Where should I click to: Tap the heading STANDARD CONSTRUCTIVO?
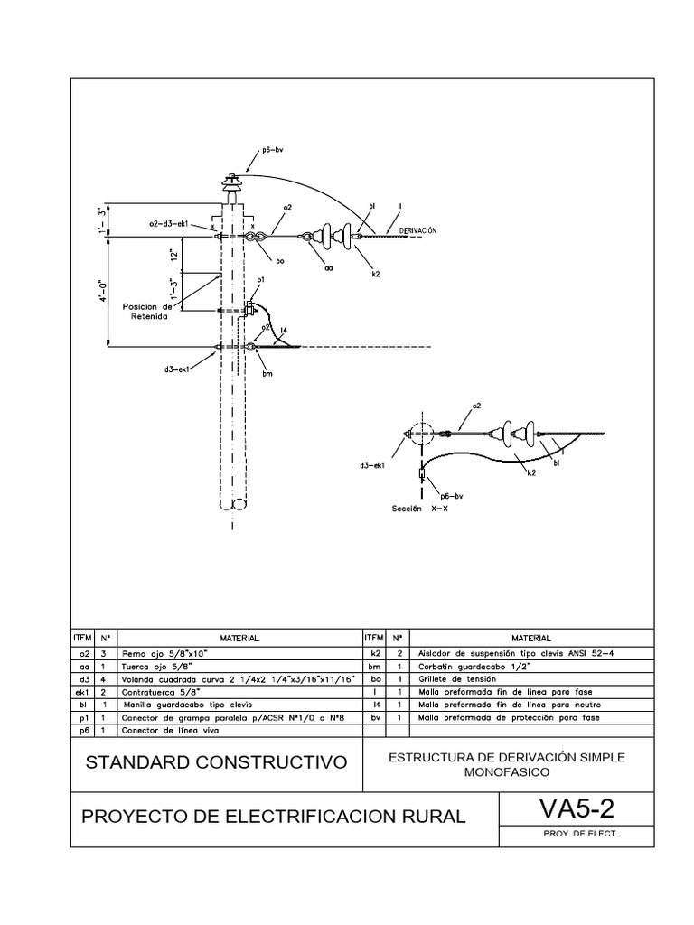point(216,762)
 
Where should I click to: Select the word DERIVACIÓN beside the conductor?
point(417,230)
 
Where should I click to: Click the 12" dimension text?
point(172,256)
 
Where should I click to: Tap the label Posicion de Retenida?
point(146,312)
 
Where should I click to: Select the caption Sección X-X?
point(419,508)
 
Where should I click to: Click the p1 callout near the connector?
point(259,281)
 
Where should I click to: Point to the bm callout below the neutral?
point(267,374)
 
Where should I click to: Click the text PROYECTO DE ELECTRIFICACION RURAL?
point(274,817)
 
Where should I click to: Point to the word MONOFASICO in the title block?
point(506,773)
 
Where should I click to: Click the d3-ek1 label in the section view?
point(370,465)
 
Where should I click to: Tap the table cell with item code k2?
point(372,651)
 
